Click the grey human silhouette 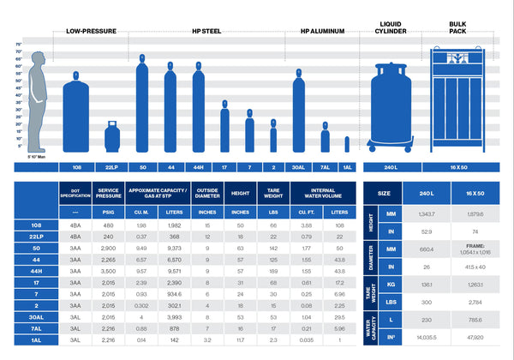coord(36,99)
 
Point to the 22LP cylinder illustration coord(111,137)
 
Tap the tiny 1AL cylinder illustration coord(347,144)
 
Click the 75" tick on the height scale coord(18,45)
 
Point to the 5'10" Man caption coord(36,157)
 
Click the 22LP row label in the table coord(36,237)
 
